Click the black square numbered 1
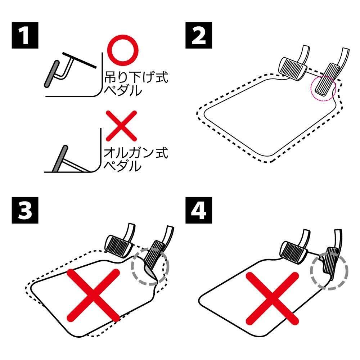tap(25, 35)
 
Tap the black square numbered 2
tap(199, 35)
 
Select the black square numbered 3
tap(25, 210)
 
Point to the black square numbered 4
tap(199, 210)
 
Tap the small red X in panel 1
tap(121, 126)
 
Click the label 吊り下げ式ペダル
tap(136, 84)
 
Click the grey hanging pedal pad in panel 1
tap(52, 74)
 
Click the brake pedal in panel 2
tap(293, 69)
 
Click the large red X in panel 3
tap(93, 295)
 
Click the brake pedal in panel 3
tap(119, 245)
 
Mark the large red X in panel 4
tap(272, 298)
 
